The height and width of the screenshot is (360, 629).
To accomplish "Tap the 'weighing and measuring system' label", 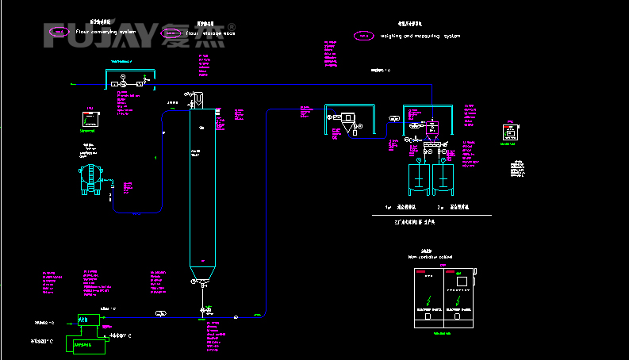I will (420, 36).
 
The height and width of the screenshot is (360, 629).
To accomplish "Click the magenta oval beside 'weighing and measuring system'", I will (363, 36).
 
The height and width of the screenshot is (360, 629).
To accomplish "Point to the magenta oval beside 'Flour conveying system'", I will (59, 32).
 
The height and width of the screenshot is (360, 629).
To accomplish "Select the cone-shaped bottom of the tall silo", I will (203, 276).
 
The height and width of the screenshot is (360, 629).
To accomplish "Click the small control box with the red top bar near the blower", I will (92, 119).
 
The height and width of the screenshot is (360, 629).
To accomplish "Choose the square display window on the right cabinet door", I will (460, 280).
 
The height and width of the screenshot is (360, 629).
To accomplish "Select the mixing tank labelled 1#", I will (418, 178).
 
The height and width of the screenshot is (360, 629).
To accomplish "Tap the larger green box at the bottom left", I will (88, 345).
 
